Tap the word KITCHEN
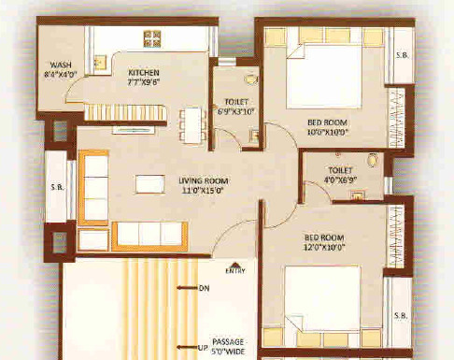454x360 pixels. pyautogui.click(x=145, y=72)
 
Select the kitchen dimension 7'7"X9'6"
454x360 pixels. pyautogui.click(x=145, y=82)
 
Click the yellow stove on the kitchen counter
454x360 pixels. pyautogui.click(x=151, y=38)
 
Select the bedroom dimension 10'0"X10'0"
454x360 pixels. pyautogui.click(x=328, y=132)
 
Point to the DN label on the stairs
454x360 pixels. pyautogui.click(x=205, y=289)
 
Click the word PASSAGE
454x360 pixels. pyautogui.click(x=228, y=342)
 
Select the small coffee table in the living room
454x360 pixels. pyautogui.click(x=149, y=183)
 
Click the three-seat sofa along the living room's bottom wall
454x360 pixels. pyautogui.click(x=147, y=234)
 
